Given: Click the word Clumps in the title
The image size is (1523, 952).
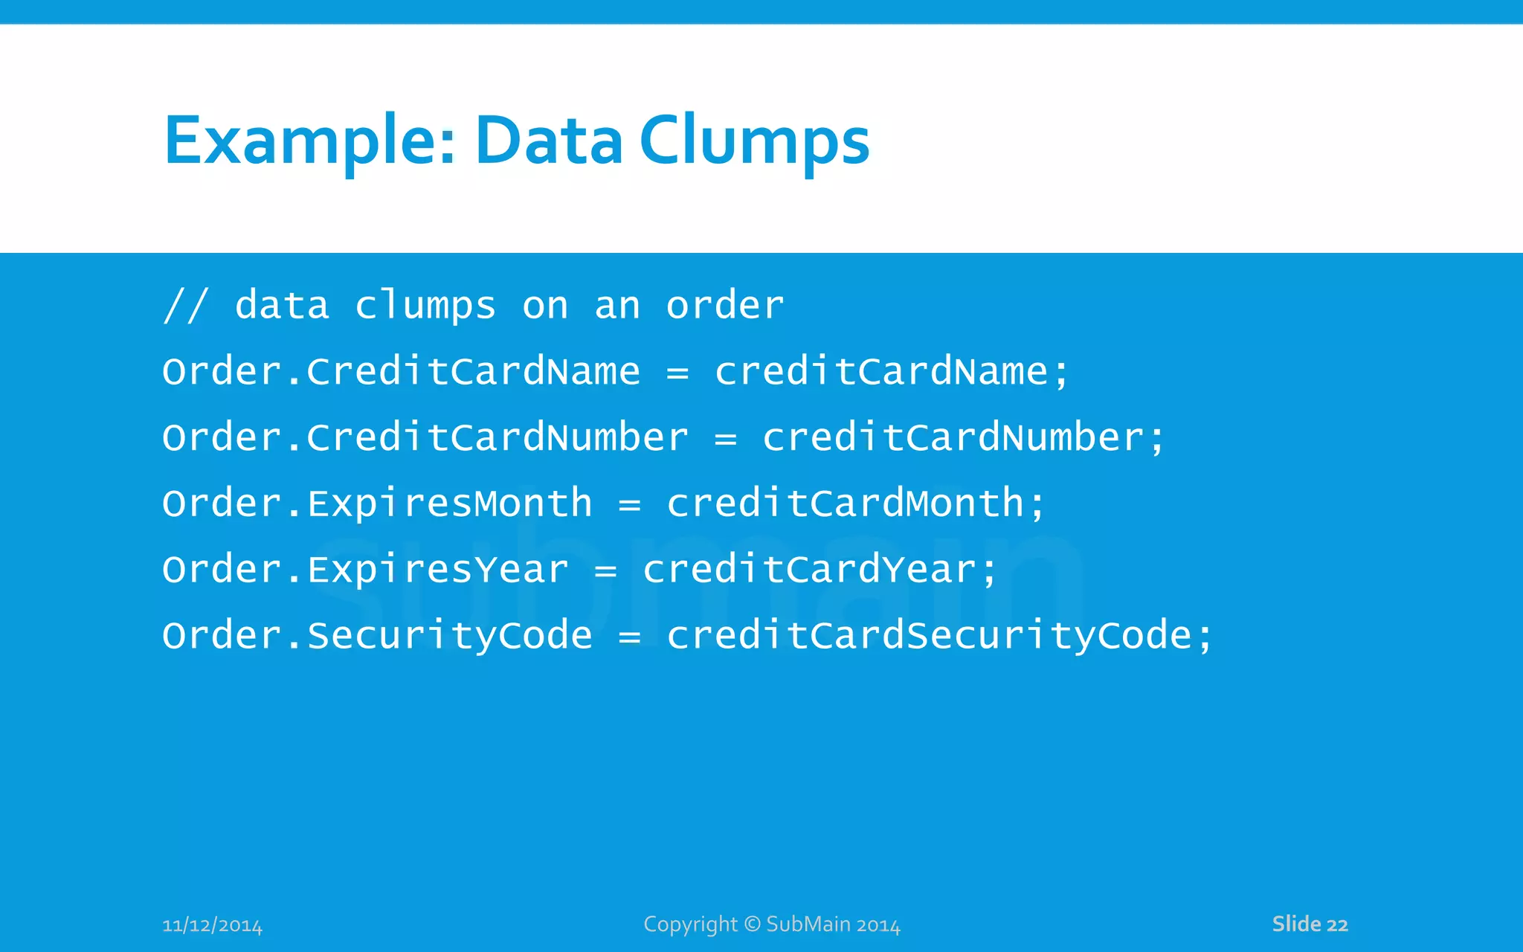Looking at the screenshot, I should point(754,141).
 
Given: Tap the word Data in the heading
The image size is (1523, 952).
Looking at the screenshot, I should point(549,141).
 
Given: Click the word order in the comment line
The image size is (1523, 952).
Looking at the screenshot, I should point(725,306).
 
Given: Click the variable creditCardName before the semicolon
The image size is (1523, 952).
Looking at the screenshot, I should point(881,371).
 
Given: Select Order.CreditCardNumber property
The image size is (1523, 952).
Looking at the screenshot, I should point(425,437).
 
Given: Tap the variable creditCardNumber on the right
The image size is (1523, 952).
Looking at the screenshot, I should point(953,437).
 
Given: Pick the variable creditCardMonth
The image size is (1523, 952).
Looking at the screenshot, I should point(846,504).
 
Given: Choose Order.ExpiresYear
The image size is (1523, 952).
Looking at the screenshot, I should point(366,570).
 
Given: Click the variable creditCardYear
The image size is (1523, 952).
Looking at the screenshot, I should point(810,570).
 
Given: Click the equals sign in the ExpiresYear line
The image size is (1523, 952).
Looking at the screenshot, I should point(606,571).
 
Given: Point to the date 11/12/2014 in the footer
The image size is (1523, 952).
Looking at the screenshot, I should point(212,925).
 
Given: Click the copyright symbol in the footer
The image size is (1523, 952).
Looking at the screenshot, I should point(753,924).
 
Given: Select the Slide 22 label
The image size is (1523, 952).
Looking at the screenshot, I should point(1310,924).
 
